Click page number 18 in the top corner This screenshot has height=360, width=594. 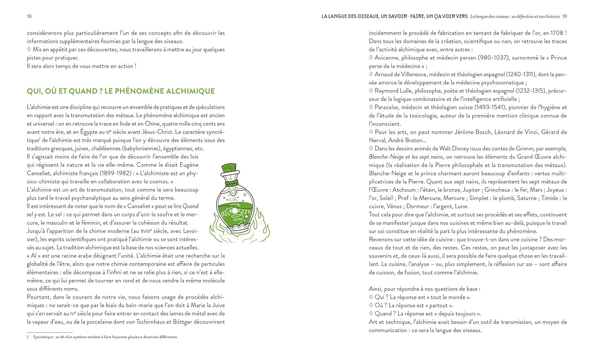point(29,16)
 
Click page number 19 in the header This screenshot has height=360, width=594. point(564,16)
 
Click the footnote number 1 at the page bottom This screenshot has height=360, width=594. point(28,337)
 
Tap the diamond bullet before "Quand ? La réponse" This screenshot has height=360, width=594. point(371,313)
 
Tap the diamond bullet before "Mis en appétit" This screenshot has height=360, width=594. point(29,50)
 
